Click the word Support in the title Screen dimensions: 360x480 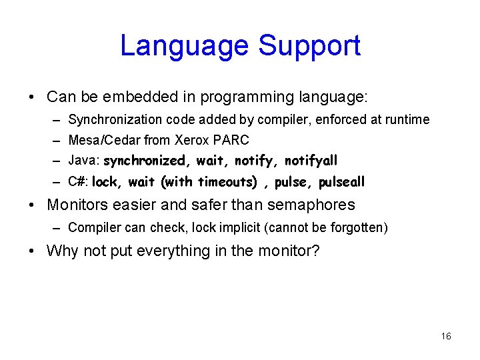click(309, 46)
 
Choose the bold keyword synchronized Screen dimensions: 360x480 click(145, 161)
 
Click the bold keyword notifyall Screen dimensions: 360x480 click(311, 161)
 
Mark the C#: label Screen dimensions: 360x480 click(79, 182)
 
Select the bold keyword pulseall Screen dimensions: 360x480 click(342, 182)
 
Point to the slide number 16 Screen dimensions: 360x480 click(446, 336)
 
